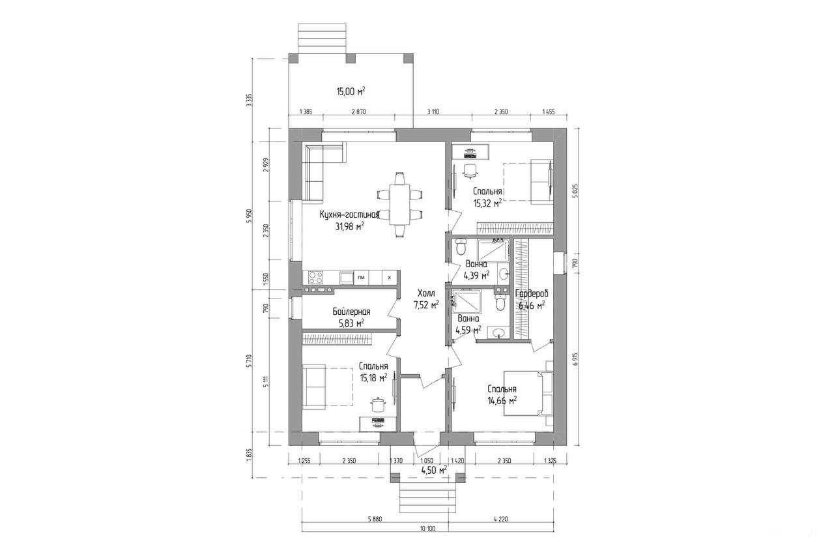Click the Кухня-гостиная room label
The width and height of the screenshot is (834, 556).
click(349, 215)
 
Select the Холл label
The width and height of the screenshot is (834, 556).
click(426, 293)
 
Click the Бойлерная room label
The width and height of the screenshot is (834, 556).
click(351, 312)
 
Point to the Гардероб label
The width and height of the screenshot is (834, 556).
click(532, 294)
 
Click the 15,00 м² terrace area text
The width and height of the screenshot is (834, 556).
click(351, 92)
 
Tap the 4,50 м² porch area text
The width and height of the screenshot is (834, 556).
click(434, 470)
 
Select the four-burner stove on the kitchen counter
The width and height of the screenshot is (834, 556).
click(316, 278)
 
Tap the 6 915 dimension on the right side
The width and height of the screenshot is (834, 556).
click(575, 360)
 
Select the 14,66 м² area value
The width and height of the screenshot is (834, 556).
click(502, 401)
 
